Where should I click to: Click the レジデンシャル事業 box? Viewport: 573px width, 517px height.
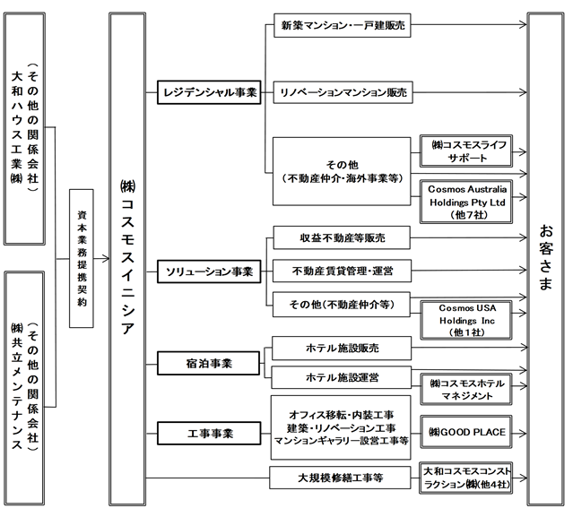pyautogui.click(x=209, y=92)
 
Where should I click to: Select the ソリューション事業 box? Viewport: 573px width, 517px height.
pyautogui.click(x=209, y=271)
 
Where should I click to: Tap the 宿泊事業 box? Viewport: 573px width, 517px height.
pyautogui.click(x=209, y=363)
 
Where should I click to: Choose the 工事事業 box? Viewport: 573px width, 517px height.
pyautogui.click(x=209, y=434)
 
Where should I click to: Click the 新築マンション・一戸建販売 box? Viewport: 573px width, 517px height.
pyautogui.click(x=343, y=25)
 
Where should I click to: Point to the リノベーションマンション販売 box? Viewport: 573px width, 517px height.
pyautogui.click(x=343, y=92)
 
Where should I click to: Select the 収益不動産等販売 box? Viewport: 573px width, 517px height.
pyautogui.click(x=342, y=237)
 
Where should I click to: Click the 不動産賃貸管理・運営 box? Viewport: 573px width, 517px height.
pyautogui.click(x=342, y=271)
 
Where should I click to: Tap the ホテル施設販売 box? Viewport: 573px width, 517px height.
pyautogui.click(x=342, y=348)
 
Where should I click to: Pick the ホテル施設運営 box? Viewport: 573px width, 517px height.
pyautogui.click(x=342, y=377)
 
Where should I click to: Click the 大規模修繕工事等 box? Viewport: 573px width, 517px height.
pyautogui.click(x=340, y=478)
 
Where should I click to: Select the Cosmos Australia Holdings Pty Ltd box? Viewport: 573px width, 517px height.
pyautogui.click(x=466, y=202)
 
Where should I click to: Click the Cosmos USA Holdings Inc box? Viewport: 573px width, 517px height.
pyautogui.click(x=466, y=320)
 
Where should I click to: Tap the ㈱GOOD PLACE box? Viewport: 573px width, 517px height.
pyautogui.click(x=466, y=432)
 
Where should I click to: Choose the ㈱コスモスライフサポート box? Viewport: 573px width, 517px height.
pyautogui.click(x=466, y=151)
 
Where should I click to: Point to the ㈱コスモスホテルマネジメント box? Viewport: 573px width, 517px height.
pyautogui.click(x=466, y=389)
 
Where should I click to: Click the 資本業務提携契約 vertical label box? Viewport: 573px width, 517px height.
pyautogui.click(x=82, y=258)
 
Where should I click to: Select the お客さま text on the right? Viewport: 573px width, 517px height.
pyautogui.click(x=545, y=257)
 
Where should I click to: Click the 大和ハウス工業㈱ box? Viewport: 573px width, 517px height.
pyautogui.click(x=24, y=129)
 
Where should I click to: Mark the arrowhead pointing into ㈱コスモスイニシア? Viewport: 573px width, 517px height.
pyautogui.click(x=106, y=259)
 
